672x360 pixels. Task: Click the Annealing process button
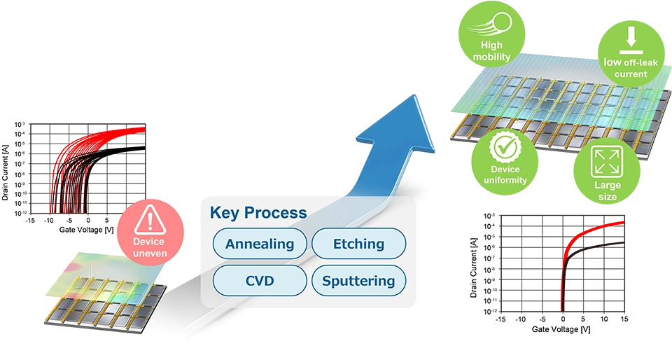tap(260, 244)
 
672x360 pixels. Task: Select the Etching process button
tap(358, 244)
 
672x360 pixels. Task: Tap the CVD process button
tap(260, 281)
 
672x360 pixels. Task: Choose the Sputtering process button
tap(358, 281)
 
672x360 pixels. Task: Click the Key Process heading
tap(258, 213)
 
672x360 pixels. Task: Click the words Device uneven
tap(150, 247)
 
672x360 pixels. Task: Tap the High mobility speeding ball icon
tap(491, 26)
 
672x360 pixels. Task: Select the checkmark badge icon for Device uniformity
tap(505, 148)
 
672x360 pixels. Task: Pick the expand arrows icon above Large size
tap(607, 161)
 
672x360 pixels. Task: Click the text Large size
tap(607, 191)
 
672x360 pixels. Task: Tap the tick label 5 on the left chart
tap(106, 220)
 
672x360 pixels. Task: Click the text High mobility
tap(491, 51)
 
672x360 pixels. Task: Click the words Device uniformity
tap(505, 174)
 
